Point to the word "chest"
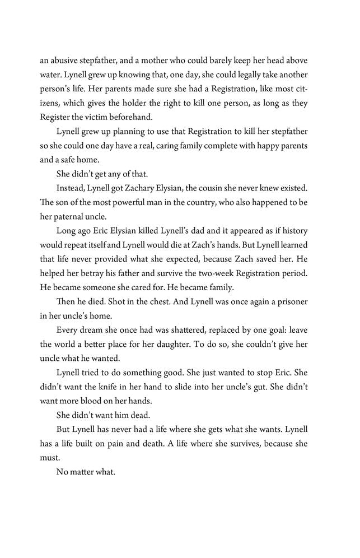187,308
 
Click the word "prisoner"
302,308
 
